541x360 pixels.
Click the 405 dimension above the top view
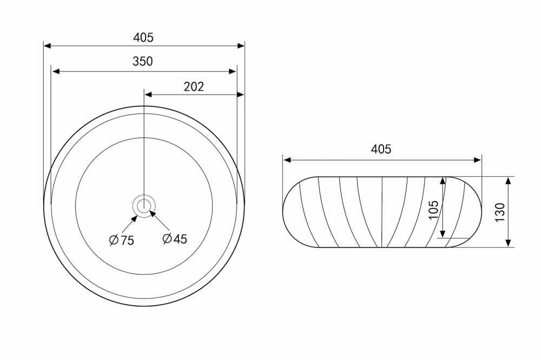point(143,37)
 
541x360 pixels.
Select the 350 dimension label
point(142,62)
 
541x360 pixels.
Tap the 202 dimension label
point(194,86)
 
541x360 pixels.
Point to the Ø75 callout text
point(121,239)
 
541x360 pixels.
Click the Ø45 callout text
point(175,238)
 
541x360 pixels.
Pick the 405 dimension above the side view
point(381,149)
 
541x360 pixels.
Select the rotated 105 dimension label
point(433,210)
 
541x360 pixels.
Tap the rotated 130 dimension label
point(499,212)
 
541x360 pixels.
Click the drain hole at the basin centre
point(143,206)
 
